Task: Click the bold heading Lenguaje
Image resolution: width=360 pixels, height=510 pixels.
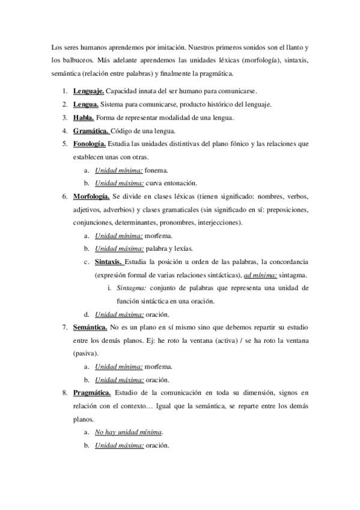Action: [88, 91]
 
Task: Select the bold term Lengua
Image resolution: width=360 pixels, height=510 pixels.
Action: [86, 105]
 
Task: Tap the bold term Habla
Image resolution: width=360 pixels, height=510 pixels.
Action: [84, 118]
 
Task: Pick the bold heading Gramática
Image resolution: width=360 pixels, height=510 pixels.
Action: [91, 131]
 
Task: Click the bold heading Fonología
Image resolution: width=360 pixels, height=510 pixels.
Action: [90, 144]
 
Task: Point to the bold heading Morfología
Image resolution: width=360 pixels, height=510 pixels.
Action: [91, 196]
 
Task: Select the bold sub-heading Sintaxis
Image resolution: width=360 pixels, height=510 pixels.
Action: [109, 262]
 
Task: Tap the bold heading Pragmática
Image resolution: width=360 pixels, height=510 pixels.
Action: [92, 393]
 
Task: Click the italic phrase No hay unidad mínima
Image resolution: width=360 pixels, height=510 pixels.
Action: [129, 432]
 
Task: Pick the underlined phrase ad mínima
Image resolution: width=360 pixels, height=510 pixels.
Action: [260, 275]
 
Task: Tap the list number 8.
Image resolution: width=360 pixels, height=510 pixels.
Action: [65, 393]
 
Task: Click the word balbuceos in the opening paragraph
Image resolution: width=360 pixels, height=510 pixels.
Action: [76, 61]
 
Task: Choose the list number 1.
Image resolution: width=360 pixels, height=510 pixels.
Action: [65, 91]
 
